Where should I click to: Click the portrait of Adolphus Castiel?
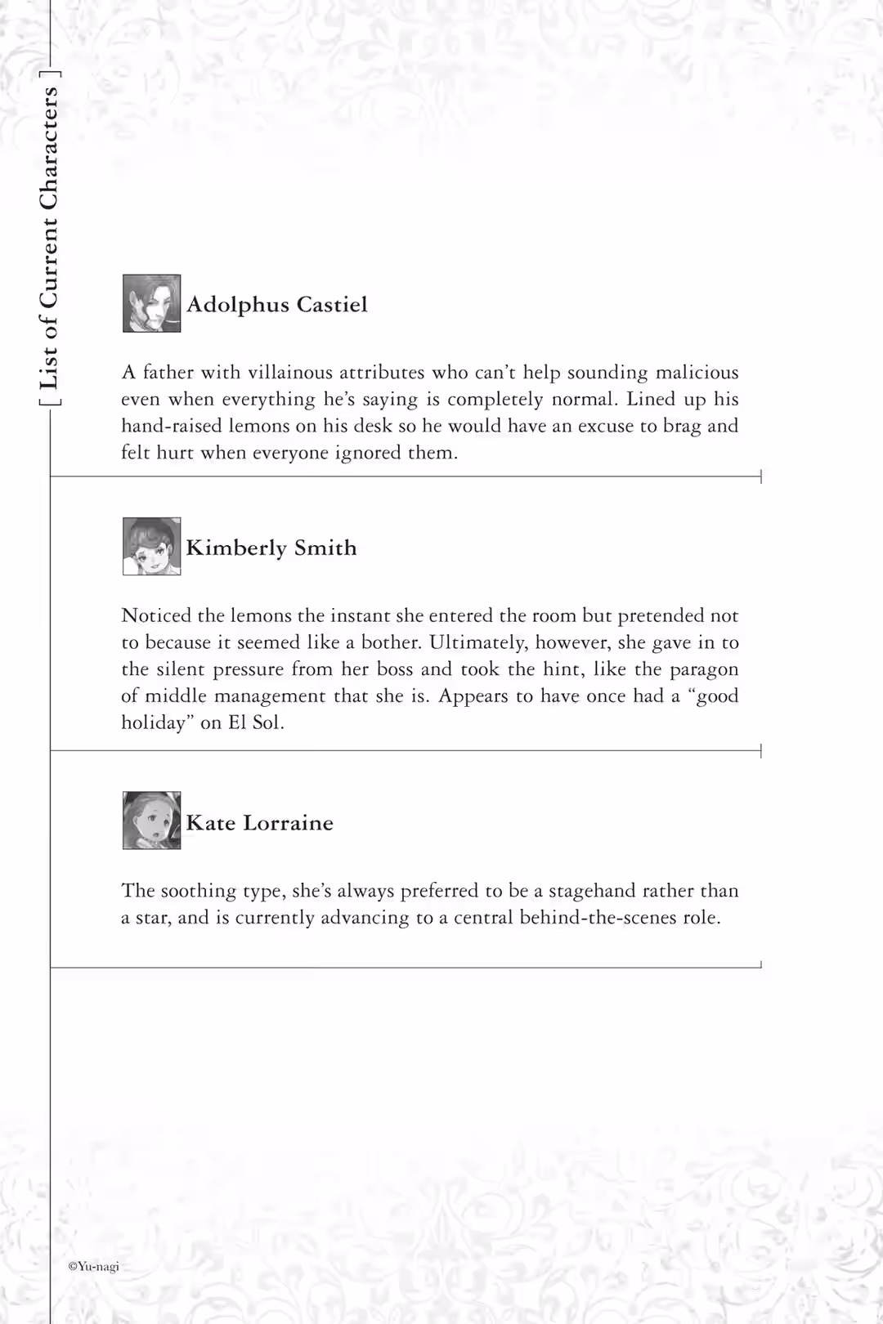[151, 303]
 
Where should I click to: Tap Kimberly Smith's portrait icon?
[151, 546]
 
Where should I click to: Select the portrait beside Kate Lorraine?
[151, 821]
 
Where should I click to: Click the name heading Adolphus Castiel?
[277, 305]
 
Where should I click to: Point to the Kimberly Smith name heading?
[271, 548]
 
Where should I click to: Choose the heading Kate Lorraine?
[260, 822]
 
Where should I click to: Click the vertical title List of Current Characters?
[49, 237]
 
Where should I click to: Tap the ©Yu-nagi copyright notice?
[93, 1266]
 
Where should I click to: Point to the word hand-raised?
[171, 426]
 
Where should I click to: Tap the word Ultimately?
[478, 643]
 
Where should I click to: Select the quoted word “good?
[716, 696]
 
